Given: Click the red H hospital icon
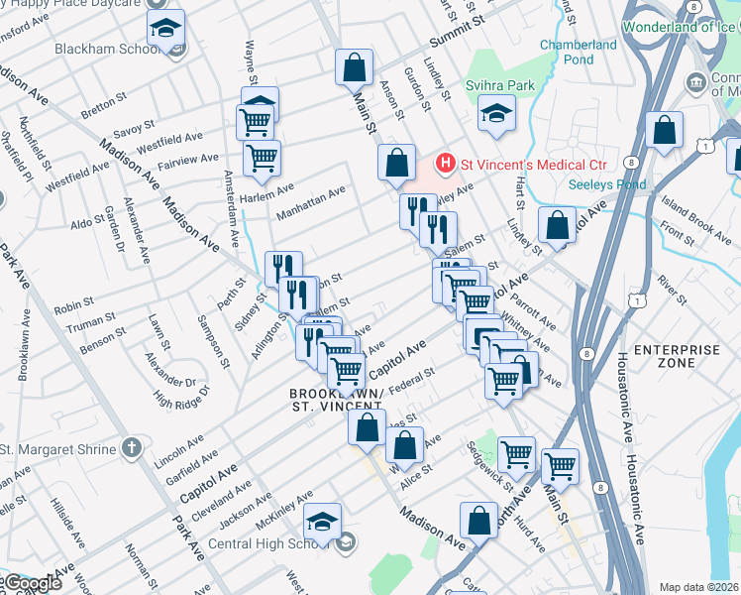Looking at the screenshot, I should click(446, 163).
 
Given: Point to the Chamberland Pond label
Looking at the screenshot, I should click(578, 53).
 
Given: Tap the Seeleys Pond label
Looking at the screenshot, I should click(607, 184).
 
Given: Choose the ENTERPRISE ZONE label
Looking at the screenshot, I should click(677, 357).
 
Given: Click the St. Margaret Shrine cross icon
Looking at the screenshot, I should click(131, 449).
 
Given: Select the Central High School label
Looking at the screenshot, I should click(262, 543).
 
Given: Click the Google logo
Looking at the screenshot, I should click(33, 584).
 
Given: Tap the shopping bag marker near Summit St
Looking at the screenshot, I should click(354, 67).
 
